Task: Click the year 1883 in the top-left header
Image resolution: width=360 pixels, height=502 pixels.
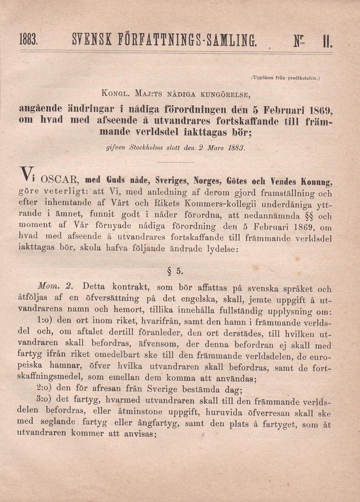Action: pos(28,40)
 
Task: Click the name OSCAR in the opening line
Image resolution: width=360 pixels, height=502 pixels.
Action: pos(51,180)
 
